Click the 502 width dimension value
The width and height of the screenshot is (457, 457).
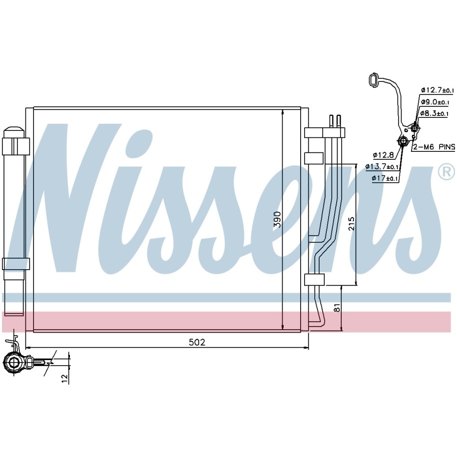197,342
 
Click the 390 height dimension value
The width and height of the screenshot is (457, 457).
278,220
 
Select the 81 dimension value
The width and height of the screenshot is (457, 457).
337,308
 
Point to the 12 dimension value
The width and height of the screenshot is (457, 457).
64,378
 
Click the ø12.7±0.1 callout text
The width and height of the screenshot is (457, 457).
437,90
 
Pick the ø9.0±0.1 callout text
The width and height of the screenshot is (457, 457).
435,102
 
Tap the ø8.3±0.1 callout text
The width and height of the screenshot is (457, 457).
434,113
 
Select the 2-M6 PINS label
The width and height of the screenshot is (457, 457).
434,147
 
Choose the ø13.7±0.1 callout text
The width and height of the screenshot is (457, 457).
382,166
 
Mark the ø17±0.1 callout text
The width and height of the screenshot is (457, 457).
385,178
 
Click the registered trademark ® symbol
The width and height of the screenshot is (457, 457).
447,172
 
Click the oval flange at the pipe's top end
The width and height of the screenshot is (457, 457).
374,79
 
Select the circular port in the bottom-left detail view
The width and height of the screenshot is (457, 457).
13,363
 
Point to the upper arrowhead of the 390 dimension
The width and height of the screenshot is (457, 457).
283,113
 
